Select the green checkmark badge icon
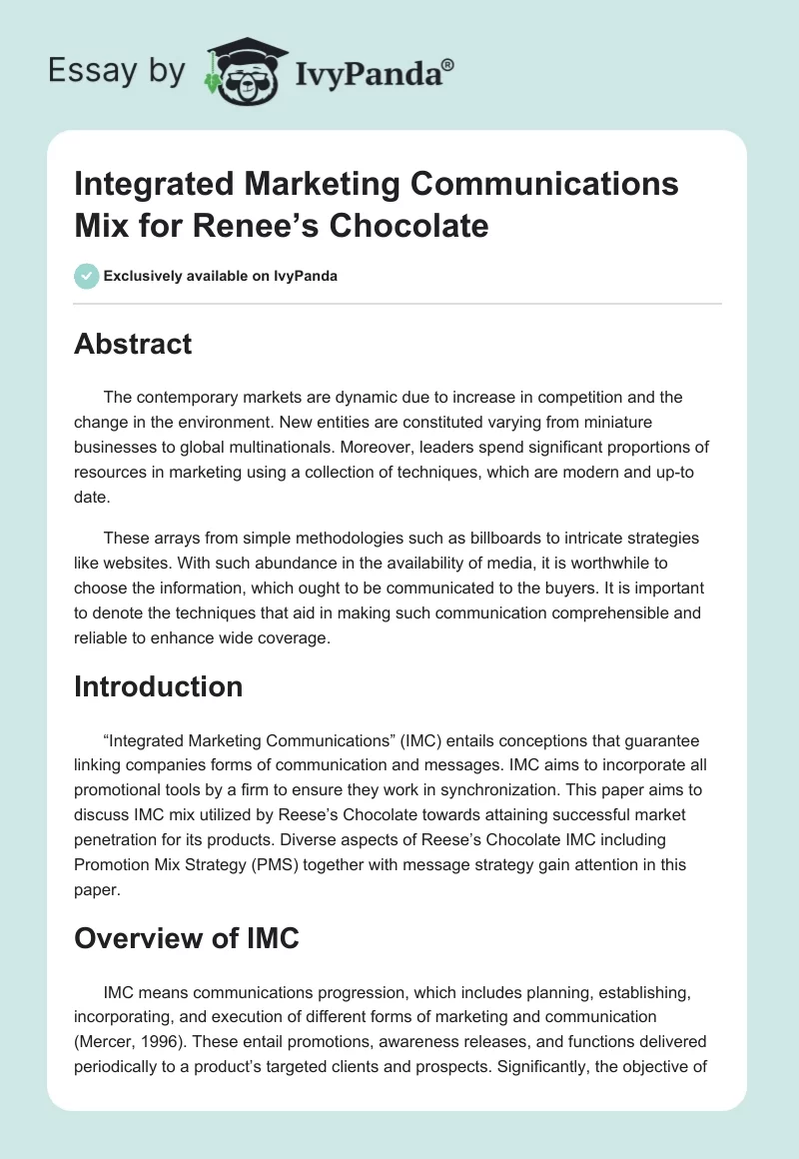87,276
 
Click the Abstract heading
133,344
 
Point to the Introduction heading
158,686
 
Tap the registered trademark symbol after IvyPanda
448,64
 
